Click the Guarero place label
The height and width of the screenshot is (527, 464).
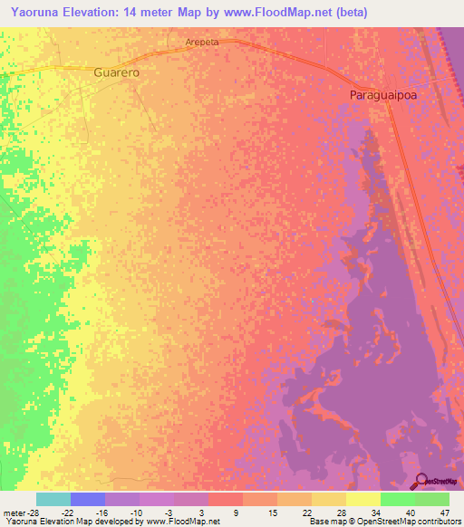(x=116, y=72)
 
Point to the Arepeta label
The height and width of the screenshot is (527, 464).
(x=203, y=42)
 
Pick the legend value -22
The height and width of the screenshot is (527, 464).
(x=70, y=513)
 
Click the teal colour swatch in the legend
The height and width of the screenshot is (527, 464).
(x=53, y=499)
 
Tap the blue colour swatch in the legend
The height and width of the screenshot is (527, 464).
(x=88, y=499)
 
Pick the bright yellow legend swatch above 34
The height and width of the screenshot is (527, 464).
(x=363, y=499)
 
